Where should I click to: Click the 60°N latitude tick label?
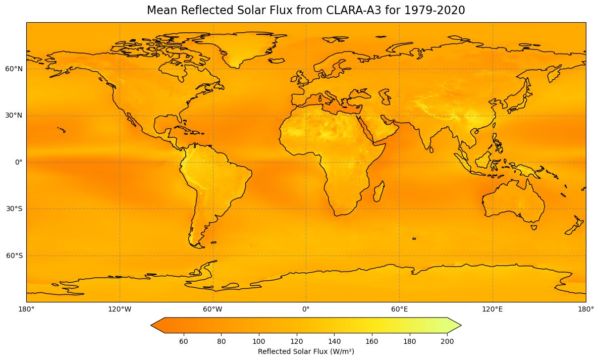pos(14,69)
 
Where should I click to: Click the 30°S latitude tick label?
pos(14,209)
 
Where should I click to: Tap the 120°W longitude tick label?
pos(120,308)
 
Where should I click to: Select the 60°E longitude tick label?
pos(399,308)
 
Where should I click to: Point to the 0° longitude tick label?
pos(306,308)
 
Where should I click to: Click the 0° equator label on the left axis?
pos(18,162)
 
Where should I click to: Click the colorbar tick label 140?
pos(335,341)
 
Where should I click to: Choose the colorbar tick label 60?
pos(184,341)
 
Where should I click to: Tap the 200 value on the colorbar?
pos(447,341)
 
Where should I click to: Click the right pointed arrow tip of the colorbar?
pos(460,326)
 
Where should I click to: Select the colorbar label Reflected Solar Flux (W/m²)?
pos(306,351)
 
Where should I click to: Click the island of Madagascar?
pos(378,192)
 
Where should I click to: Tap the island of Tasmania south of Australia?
pos(534,227)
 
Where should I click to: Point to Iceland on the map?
pos(276,61)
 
